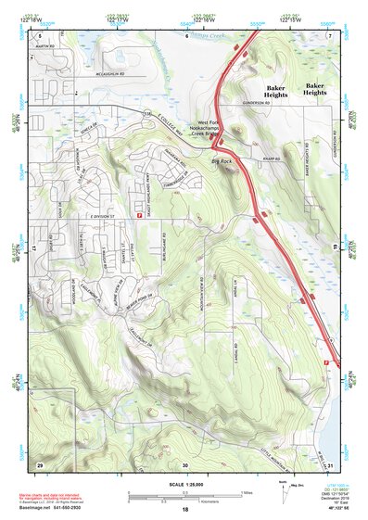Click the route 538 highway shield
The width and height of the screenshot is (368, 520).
point(144,111)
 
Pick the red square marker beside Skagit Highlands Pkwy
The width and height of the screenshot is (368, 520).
point(139,189)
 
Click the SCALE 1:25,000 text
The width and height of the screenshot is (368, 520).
point(184,483)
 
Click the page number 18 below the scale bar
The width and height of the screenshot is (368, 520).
point(184,510)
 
